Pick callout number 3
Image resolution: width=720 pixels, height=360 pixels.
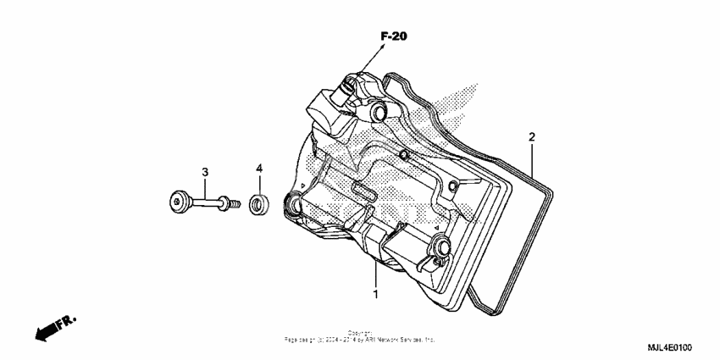coord(205,173)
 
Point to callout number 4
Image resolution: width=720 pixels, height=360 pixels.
coord(260,169)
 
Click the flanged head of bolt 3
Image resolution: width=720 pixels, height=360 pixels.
coord(178,202)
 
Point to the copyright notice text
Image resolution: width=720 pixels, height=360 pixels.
coord(360,336)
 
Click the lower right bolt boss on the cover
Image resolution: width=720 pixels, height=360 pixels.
coord(441,246)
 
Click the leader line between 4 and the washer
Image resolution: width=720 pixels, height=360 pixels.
coord(260,185)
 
